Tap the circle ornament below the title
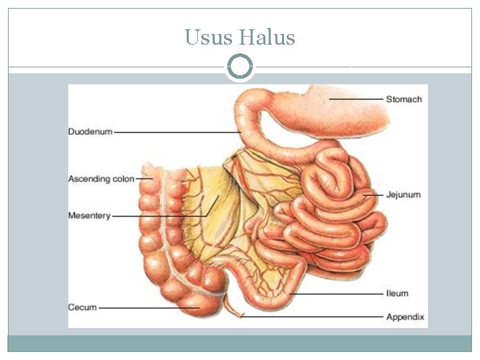pyautogui.click(x=240, y=67)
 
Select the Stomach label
pyautogui.click(x=403, y=99)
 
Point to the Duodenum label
pyautogui.click(x=90, y=132)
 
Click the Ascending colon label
pyautogui.click(x=101, y=179)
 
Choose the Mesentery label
pyautogui.click(x=89, y=216)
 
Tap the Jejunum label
pyautogui.click(x=403, y=195)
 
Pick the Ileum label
pyautogui.click(x=397, y=293)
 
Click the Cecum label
pyautogui.click(x=82, y=307)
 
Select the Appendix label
pyautogui.click(x=405, y=317)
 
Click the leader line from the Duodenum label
pyautogui.click(x=177, y=132)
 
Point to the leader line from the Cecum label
pyautogui.click(x=147, y=307)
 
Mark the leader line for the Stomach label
pyautogui.click(x=357, y=99)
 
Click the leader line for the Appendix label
pyautogui.click(x=313, y=317)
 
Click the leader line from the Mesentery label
pyautogui.click(x=160, y=216)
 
